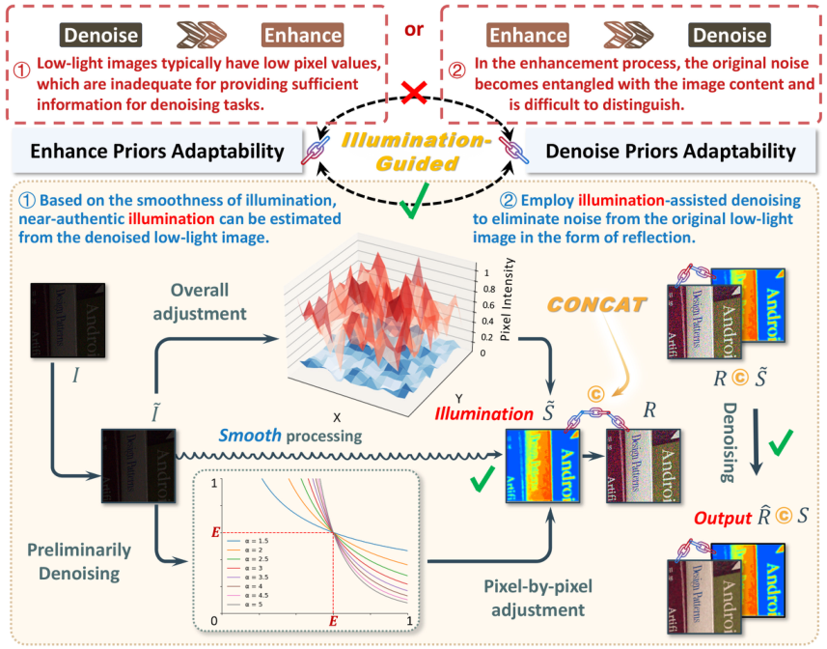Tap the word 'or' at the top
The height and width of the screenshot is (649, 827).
[414, 30]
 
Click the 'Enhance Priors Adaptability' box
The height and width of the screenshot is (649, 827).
[157, 152]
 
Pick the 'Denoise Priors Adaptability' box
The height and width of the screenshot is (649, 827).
[670, 152]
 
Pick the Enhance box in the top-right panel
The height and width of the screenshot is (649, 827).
[527, 37]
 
